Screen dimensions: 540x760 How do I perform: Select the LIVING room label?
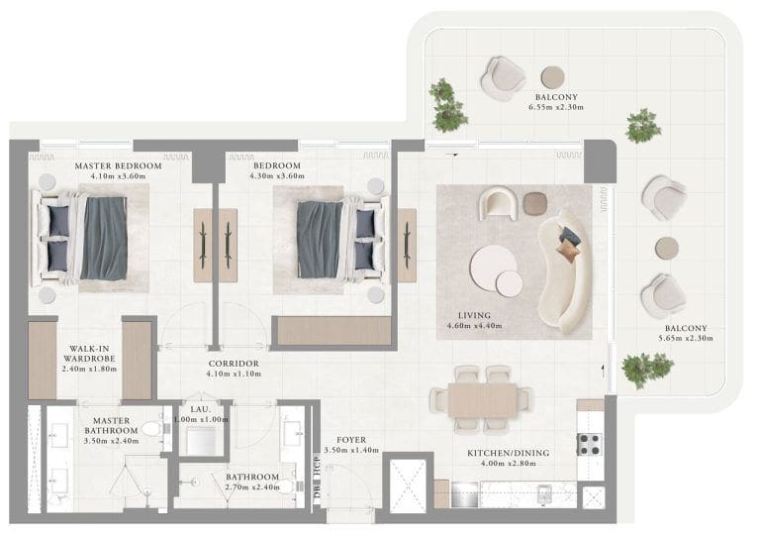468,315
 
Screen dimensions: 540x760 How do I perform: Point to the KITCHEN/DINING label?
508,453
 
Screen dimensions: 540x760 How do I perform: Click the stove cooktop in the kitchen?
589,444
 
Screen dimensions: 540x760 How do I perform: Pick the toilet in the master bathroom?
151,429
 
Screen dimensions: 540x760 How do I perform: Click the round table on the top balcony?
551,76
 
